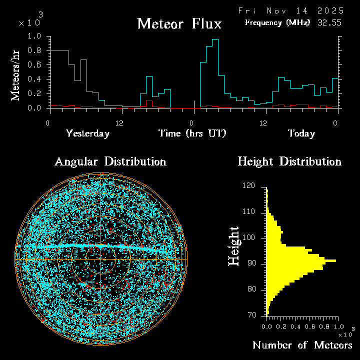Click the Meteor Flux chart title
click(x=179, y=23)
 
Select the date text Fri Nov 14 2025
click(x=290, y=10)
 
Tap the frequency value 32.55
click(x=330, y=22)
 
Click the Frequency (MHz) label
click(x=277, y=22)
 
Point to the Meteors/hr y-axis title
click(x=16, y=75)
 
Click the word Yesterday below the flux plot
click(x=87, y=133)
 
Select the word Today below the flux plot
click(x=301, y=133)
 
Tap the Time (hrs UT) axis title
click(x=192, y=133)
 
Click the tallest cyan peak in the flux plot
click(x=215, y=40)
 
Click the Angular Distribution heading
click(x=110, y=161)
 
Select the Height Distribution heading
click(x=289, y=161)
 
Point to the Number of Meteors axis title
click(x=302, y=345)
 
